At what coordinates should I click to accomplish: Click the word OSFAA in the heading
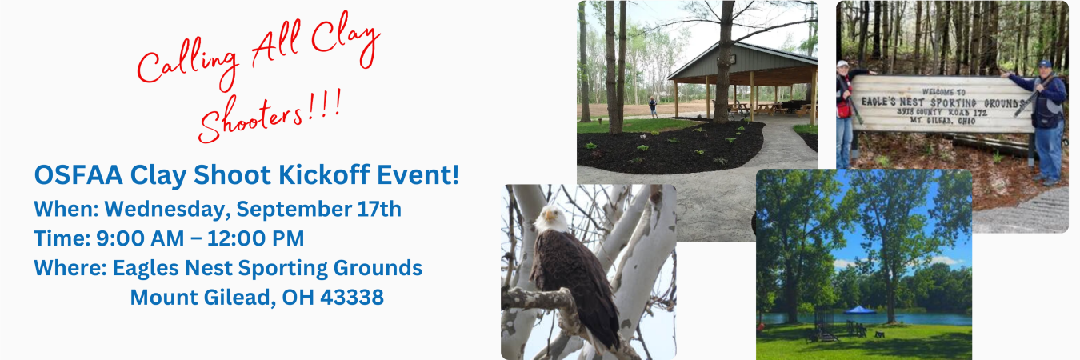pos(78,174)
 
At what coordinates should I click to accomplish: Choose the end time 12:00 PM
pos(255,238)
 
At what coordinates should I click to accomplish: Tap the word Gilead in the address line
pos(240,298)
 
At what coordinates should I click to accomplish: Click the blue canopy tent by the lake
pos(859,310)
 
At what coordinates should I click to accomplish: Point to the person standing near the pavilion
pos(653,107)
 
